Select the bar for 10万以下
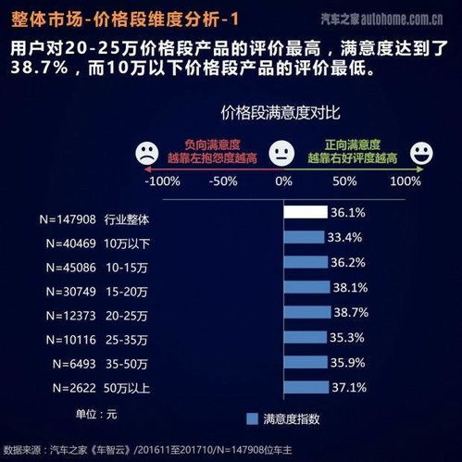click(x=302, y=237)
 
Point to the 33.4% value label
click(x=342, y=237)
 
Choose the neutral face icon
click(x=280, y=152)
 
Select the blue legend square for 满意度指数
click(x=253, y=418)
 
